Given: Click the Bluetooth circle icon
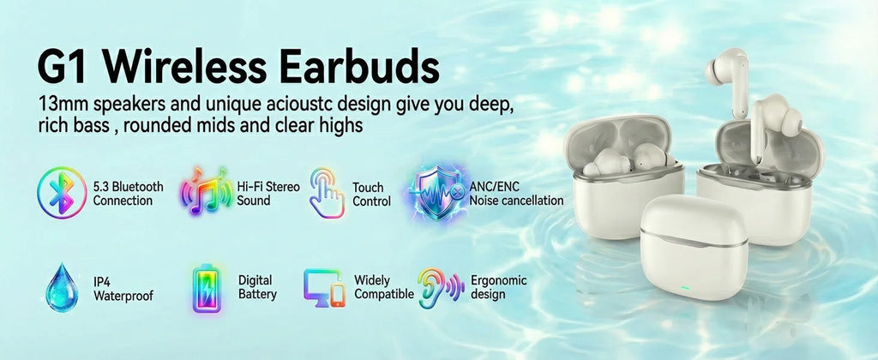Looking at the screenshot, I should click(x=62, y=193).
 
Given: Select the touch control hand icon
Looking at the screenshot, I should click(x=327, y=194).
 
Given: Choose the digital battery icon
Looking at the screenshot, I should click(x=206, y=287).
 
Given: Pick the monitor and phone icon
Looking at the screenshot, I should click(x=324, y=287).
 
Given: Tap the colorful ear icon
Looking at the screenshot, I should click(x=440, y=287).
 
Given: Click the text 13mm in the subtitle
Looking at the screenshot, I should click(x=62, y=105).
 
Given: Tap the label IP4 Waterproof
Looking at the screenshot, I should click(x=123, y=288).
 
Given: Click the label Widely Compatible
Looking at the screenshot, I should click(x=383, y=287).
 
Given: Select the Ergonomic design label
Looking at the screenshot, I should click(x=499, y=287).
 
